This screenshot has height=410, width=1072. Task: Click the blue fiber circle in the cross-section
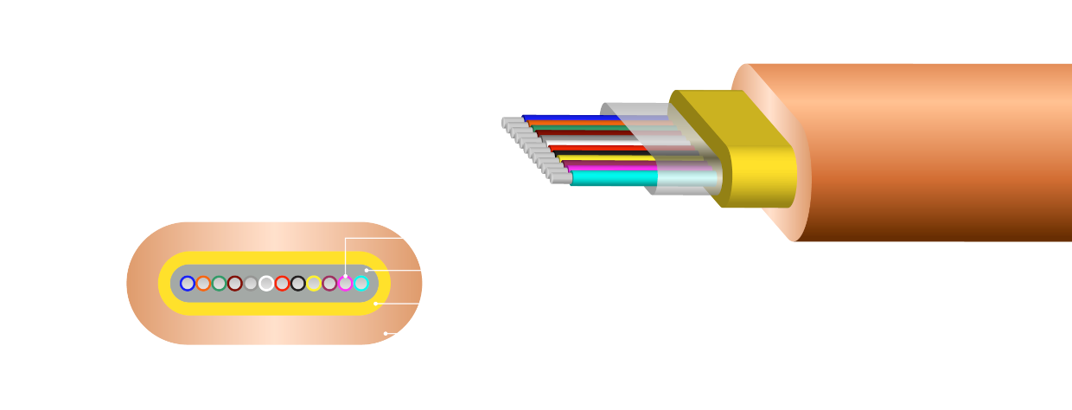(x=188, y=283)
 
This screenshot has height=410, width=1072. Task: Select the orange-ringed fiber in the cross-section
(x=203, y=283)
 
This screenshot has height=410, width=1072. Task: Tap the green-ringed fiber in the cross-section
(x=219, y=283)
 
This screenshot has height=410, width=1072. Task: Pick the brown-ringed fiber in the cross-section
(x=234, y=283)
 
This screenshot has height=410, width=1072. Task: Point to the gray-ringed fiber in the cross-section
(x=251, y=283)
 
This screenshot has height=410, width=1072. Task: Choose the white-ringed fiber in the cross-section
(x=266, y=283)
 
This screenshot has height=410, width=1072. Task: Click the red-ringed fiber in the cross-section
(x=282, y=283)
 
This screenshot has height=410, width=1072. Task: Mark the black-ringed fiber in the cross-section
(x=297, y=283)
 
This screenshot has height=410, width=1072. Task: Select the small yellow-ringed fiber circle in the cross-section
(x=314, y=283)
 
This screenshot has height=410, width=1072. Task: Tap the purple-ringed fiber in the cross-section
(x=329, y=283)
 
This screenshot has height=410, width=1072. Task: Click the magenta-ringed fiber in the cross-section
(x=345, y=283)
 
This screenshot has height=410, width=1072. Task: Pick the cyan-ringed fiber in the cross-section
(x=361, y=283)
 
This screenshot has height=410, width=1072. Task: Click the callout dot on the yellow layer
(x=375, y=304)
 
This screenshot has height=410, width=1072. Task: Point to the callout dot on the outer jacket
(x=386, y=333)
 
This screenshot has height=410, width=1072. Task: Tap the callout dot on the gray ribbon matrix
(x=367, y=270)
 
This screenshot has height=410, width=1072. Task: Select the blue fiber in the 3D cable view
(x=553, y=117)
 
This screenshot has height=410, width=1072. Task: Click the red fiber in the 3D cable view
(x=597, y=148)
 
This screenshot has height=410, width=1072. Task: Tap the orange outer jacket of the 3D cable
(x=934, y=156)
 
